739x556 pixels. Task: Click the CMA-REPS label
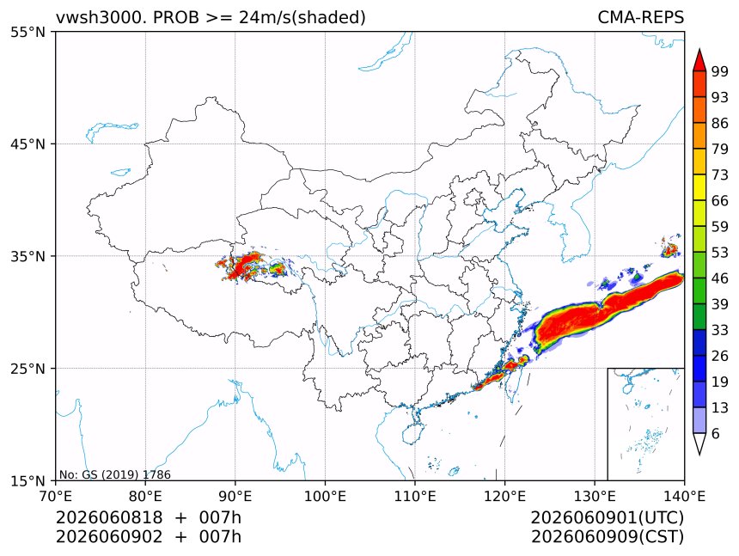pos(640,17)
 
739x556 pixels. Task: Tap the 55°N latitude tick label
pos(27,32)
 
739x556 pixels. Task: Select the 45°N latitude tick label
pos(27,144)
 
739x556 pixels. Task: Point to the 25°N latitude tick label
pos(27,368)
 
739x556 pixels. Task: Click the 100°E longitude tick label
pos(325,496)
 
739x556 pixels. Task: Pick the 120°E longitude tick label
pos(504,496)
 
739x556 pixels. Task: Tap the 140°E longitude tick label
pos(684,496)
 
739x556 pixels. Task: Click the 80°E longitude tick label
pos(145,496)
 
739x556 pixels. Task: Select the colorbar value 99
pos(720,71)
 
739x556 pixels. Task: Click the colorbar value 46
pos(720,278)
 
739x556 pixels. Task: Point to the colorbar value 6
pos(716,433)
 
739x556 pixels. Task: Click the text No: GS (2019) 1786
pos(115,474)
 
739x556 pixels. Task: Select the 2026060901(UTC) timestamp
pos(607,517)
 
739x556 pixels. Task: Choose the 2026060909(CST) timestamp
pos(607,537)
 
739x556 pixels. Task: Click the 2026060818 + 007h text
pos(149,517)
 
